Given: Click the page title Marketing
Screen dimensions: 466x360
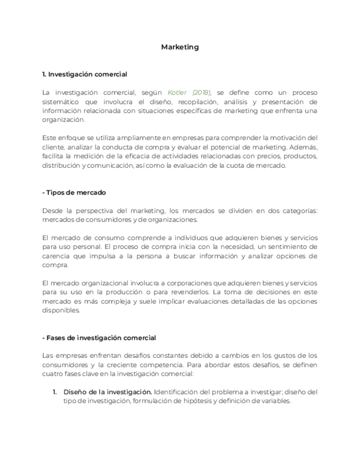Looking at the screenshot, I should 180,47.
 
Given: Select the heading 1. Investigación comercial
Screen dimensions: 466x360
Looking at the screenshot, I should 85,74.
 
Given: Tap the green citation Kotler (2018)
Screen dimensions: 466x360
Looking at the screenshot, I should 189,92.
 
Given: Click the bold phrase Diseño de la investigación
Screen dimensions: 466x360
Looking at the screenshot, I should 108,392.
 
